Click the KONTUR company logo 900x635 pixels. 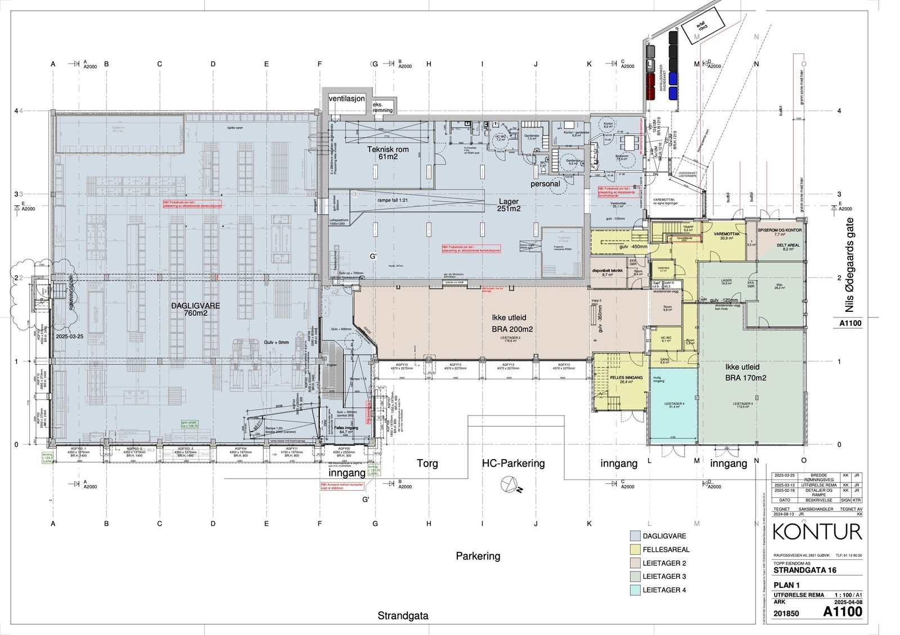click(817, 532)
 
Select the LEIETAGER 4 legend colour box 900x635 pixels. click(636, 590)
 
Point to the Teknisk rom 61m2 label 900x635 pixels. click(388, 153)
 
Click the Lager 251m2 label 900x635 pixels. click(508, 205)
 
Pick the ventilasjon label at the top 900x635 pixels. click(346, 98)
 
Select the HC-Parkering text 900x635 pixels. click(513, 464)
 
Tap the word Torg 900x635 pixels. click(427, 464)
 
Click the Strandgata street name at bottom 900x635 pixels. click(403, 615)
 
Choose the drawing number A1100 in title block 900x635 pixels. click(842, 611)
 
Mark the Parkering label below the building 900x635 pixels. click(478, 556)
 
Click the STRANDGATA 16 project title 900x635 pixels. click(805, 570)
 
